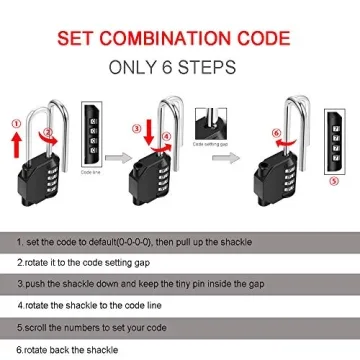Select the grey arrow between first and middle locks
[x=118, y=156]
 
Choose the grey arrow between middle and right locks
[x=237, y=156]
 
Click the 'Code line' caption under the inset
[x=93, y=173]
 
